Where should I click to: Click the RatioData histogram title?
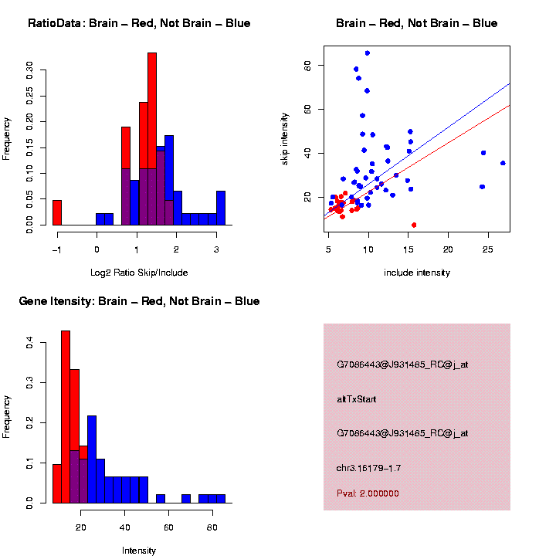(x=139, y=23)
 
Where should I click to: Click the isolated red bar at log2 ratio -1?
(x=57, y=213)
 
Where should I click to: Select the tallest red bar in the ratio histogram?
(x=152, y=139)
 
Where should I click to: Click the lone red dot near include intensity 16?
(x=414, y=225)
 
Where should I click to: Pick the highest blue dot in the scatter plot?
(x=367, y=53)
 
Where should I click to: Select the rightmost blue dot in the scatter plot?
(x=503, y=163)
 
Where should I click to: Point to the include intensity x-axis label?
(x=417, y=273)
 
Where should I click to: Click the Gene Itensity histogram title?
(x=139, y=301)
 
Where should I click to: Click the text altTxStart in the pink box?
(x=357, y=399)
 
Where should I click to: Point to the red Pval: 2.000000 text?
(x=368, y=493)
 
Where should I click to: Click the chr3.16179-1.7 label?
(x=368, y=468)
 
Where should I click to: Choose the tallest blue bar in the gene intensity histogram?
(x=92, y=459)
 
